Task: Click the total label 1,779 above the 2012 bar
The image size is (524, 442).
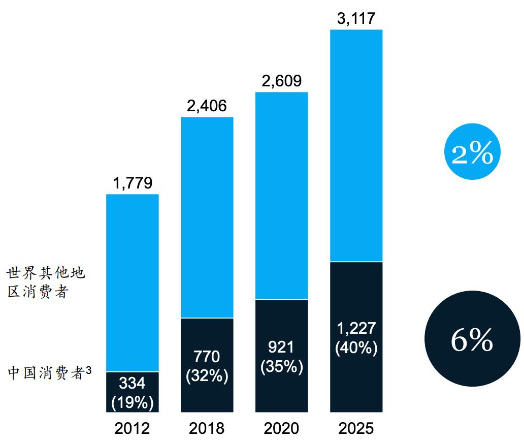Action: [133, 183]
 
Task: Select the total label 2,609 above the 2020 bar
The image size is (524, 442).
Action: [281, 81]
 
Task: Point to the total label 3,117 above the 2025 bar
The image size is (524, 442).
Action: [356, 19]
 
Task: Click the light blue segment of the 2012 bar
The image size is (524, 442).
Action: [133, 282]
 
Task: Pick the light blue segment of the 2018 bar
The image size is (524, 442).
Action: [207, 217]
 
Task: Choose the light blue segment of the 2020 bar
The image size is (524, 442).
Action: [281, 196]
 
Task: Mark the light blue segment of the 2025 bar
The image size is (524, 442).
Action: [356, 145]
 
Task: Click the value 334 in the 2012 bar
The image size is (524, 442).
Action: [133, 383]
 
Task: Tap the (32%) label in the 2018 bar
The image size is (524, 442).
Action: [207, 377]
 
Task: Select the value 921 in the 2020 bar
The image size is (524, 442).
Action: [281, 349]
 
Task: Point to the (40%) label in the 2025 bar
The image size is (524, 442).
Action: [356, 348]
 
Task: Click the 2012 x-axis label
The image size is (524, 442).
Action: [133, 428]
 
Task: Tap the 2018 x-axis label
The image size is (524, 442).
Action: [207, 428]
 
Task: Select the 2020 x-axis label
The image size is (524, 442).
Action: [281, 428]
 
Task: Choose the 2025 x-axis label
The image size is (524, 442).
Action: [356, 428]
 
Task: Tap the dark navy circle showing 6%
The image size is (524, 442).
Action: [472, 340]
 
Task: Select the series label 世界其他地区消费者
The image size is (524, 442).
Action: [46, 283]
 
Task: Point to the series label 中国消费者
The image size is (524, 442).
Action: [49, 373]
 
